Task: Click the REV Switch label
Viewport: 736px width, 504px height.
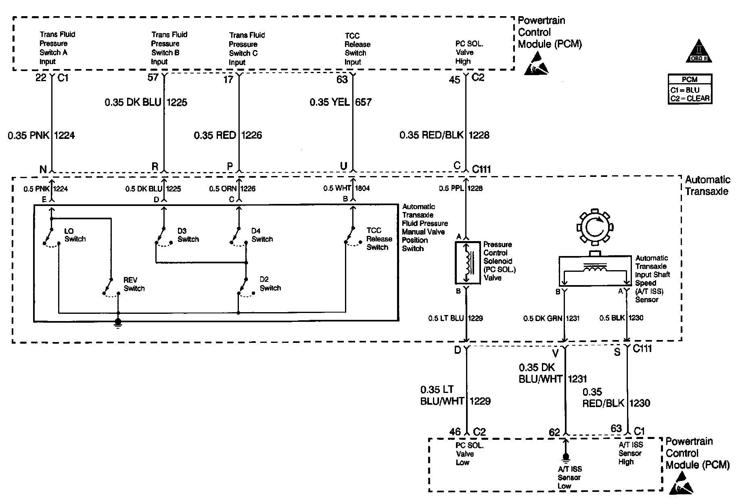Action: [134, 284]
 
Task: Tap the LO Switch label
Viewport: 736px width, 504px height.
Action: [75, 235]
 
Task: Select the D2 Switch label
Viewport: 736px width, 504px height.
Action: [270, 284]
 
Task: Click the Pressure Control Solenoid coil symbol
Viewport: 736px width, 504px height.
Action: [468, 263]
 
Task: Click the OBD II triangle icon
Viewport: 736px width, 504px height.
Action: [699, 51]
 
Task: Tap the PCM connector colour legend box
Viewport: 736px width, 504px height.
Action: [690, 89]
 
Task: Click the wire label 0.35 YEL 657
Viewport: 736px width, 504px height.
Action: [341, 102]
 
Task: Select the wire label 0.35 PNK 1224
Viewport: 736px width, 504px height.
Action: [42, 135]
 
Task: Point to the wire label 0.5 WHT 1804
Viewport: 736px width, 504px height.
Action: [347, 188]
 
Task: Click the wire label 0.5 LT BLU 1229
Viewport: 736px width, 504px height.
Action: [456, 318]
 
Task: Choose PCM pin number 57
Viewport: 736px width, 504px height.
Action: [153, 78]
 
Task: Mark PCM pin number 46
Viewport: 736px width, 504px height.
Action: [455, 432]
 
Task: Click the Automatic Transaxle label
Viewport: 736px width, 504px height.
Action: [707, 186]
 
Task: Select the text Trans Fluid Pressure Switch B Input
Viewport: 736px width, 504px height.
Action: [169, 48]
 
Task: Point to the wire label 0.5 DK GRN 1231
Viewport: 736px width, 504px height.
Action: [551, 318]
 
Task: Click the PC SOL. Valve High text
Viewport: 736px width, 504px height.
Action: [469, 52]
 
